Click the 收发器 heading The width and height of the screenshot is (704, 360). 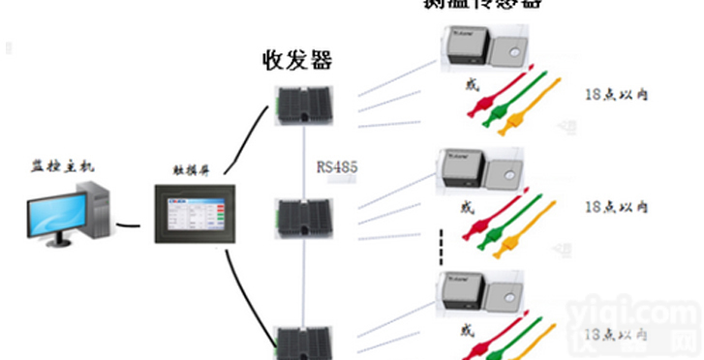pos(297,60)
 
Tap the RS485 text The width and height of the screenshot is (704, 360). pos(337,166)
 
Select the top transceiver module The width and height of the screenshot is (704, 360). pos(303,105)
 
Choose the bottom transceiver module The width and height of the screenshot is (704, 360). pos(303,342)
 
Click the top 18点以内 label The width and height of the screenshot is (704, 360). pos(617,95)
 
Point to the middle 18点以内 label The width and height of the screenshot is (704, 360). pos(617,207)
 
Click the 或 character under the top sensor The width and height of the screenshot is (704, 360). pos(473,86)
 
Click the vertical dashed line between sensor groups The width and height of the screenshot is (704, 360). pos(441,245)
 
